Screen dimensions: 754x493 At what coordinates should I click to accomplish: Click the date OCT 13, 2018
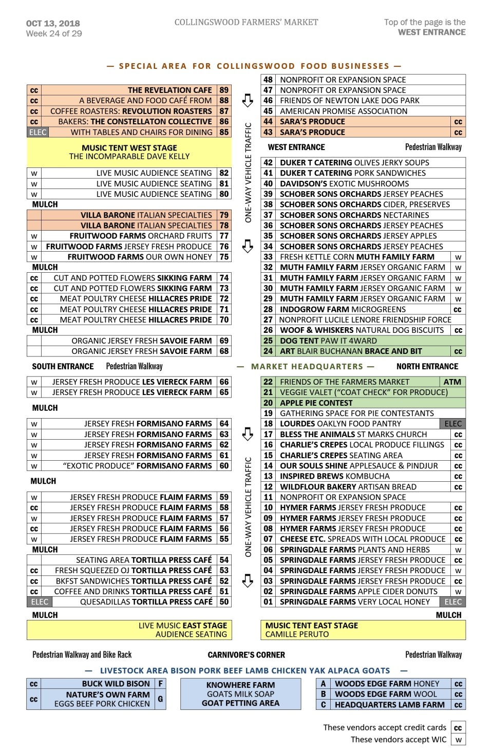point(53,23)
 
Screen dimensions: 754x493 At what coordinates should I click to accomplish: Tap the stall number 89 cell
point(224,90)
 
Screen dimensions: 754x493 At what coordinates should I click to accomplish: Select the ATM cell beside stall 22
point(452,382)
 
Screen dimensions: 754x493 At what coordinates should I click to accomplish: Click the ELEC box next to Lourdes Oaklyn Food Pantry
point(452,424)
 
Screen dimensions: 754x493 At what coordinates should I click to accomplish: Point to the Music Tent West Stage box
point(129,152)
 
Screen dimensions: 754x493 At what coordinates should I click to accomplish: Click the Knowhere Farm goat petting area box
point(240,694)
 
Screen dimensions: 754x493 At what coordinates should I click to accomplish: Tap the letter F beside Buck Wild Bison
point(161,684)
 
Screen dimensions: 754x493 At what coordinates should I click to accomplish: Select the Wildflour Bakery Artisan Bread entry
point(348,486)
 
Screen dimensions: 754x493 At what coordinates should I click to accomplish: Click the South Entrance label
point(63,366)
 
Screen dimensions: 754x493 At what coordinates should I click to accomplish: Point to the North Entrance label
point(427,366)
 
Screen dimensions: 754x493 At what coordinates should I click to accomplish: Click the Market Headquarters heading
point(307,366)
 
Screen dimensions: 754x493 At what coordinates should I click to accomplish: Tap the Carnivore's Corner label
point(246,655)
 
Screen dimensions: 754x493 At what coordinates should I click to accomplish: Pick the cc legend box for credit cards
point(458,728)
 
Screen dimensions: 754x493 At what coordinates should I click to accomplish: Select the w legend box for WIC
point(458,740)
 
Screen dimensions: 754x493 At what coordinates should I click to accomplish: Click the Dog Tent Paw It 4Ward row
point(328,341)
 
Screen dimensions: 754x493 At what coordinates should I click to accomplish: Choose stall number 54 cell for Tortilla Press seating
point(224,560)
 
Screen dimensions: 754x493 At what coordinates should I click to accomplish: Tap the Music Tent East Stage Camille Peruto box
point(363,630)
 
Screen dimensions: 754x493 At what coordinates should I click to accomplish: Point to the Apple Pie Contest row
point(316,403)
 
